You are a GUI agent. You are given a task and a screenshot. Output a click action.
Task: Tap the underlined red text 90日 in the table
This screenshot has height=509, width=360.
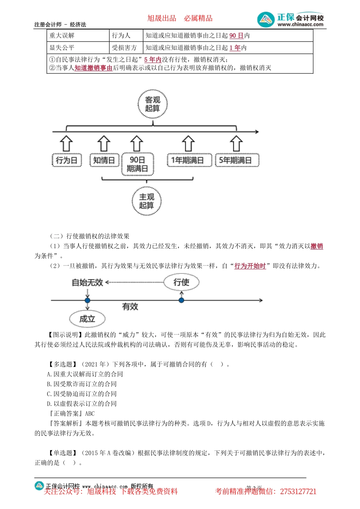pos(236,36)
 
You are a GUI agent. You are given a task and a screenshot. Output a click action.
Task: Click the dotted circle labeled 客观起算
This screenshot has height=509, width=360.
pos(152,104)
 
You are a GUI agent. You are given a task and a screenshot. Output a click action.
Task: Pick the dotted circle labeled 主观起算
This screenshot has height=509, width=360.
pos(147,201)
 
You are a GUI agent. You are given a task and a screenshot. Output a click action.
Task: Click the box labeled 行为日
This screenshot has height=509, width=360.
pos(67,160)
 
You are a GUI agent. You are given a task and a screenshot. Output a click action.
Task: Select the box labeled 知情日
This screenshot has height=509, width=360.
pos(104,160)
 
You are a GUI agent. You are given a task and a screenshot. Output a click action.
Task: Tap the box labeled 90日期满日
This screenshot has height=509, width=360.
pos(138,164)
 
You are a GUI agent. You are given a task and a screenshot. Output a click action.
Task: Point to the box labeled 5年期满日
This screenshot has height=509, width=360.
pos(236,160)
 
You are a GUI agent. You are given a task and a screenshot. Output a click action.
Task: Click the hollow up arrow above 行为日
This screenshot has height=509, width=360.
pos(67,143)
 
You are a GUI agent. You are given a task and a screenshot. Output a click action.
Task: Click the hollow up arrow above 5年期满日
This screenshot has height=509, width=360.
pos(236,143)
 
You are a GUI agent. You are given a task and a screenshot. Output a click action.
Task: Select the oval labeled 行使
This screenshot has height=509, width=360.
pos(181,282)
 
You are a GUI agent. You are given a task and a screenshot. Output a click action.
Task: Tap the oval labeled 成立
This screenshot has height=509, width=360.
pos(87,319)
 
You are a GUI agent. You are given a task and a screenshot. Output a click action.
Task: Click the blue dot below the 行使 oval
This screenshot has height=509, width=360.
pos(182,300)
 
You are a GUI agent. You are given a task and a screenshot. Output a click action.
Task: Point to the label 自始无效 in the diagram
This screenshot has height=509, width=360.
pos(88,283)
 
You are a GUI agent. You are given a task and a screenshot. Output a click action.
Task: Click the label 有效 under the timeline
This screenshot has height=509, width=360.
pos(130,307)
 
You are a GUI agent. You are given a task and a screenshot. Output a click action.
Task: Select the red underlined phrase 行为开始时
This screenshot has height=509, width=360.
pos(250,266)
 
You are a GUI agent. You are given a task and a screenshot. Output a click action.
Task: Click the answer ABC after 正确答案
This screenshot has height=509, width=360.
pos(90,414)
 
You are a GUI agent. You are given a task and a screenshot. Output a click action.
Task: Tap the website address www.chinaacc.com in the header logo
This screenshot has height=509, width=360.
pos(301,25)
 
